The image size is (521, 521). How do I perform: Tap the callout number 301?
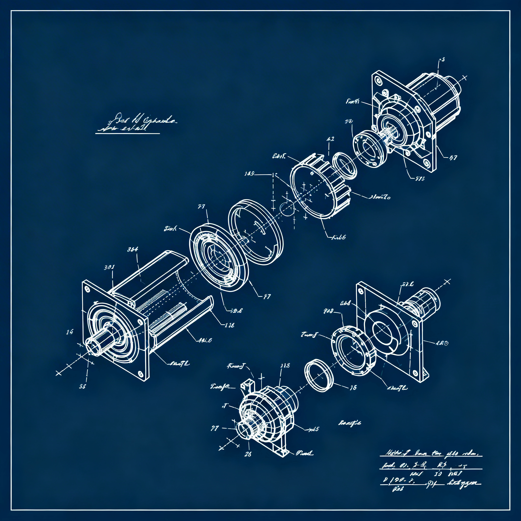(x=109, y=268)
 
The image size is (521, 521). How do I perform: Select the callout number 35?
(x=82, y=386)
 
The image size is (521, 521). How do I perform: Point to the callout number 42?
(x=330, y=139)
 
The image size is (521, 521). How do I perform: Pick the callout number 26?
(x=248, y=454)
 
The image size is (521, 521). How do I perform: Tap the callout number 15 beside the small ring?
(x=353, y=387)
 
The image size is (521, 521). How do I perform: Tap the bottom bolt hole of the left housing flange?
(x=140, y=374)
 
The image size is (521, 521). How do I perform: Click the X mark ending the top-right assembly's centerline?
(x=464, y=78)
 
